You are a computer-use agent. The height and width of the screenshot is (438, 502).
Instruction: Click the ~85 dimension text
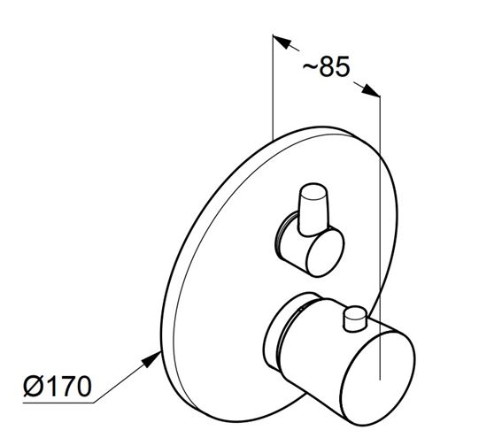click(x=326, y=66)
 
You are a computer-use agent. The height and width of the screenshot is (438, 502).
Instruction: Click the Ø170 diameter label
click(x=58, y=386)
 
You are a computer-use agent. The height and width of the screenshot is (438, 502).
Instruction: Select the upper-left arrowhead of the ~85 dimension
click(x=282, y=42)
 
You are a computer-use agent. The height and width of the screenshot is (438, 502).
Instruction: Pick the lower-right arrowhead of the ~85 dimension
click(x=371, y=89)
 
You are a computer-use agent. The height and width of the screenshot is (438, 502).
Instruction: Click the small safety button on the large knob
click(x=354, y=319)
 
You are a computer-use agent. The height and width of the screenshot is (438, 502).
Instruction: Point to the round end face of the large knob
click(x=378, y=379)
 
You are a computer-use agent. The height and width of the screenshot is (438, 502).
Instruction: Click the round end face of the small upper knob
click(x=325, y=253)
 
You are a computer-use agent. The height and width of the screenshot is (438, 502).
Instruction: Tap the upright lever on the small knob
click(x=313, y=210)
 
